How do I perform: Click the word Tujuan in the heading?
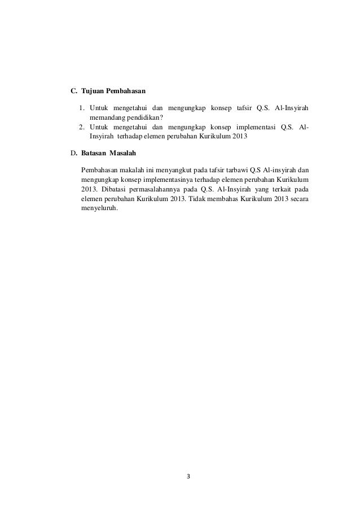coord(92,90)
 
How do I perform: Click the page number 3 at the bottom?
coord(189,476)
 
